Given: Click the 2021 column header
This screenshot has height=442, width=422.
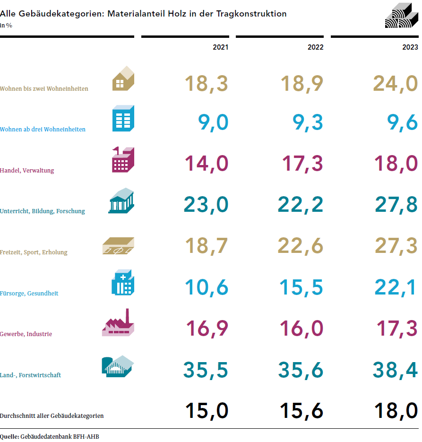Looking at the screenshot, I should [220, 47].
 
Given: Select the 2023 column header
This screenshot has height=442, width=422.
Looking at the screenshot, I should [410, 47].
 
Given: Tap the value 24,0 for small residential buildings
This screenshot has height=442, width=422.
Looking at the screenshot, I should [395, 84].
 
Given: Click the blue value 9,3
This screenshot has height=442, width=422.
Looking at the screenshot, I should [301, 122].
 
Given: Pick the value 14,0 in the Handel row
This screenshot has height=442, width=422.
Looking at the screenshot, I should [206, 164].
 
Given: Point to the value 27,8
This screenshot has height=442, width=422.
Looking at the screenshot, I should [396, 205].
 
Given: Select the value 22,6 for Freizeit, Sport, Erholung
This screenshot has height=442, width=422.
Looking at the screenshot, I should [301, 246].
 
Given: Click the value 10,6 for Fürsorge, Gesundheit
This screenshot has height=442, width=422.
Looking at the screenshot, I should [206, 287].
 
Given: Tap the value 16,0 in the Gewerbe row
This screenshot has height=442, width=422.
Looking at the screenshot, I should [301, 328].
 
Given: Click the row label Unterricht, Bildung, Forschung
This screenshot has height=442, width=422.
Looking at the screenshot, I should [43, 211].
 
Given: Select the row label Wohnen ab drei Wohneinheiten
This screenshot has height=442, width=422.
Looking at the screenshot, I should [43, 129].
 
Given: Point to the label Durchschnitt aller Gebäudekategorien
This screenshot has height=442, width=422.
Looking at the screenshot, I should [52, 416].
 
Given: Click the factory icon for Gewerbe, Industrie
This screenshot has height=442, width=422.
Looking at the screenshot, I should [118, 323].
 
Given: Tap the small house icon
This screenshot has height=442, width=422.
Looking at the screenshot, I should [123, 78].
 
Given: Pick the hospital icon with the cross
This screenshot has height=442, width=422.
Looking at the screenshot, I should [122, 283].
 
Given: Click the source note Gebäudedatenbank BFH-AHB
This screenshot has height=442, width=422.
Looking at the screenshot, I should [60, 436].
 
